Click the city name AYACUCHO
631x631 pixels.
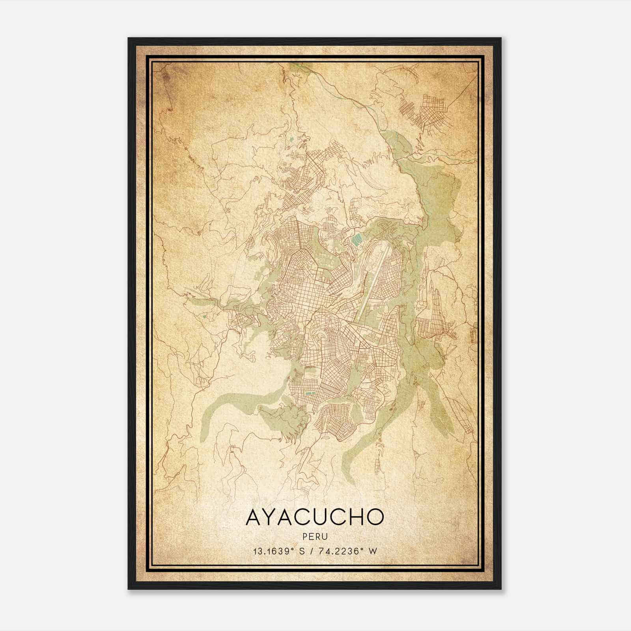pyautogui.click(x=315, y=517)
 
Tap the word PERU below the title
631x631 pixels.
pyautogui.click(x=315, y=536)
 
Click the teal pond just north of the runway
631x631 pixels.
pyautogui.click(x=357, y=239)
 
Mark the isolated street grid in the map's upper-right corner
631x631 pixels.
pyautogui.click(x=424, y=108)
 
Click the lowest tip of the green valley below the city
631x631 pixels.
pyautogui.click(x=347, y=479)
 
